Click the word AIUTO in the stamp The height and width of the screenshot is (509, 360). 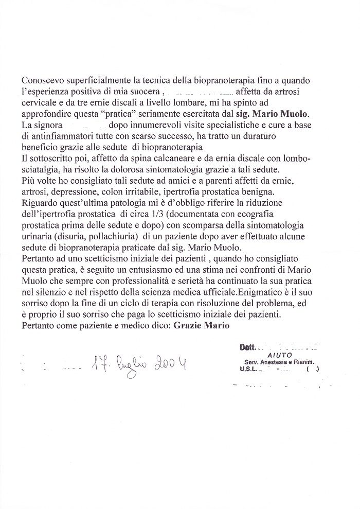coord(279,355)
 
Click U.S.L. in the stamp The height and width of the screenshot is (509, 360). coord(248,368)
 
